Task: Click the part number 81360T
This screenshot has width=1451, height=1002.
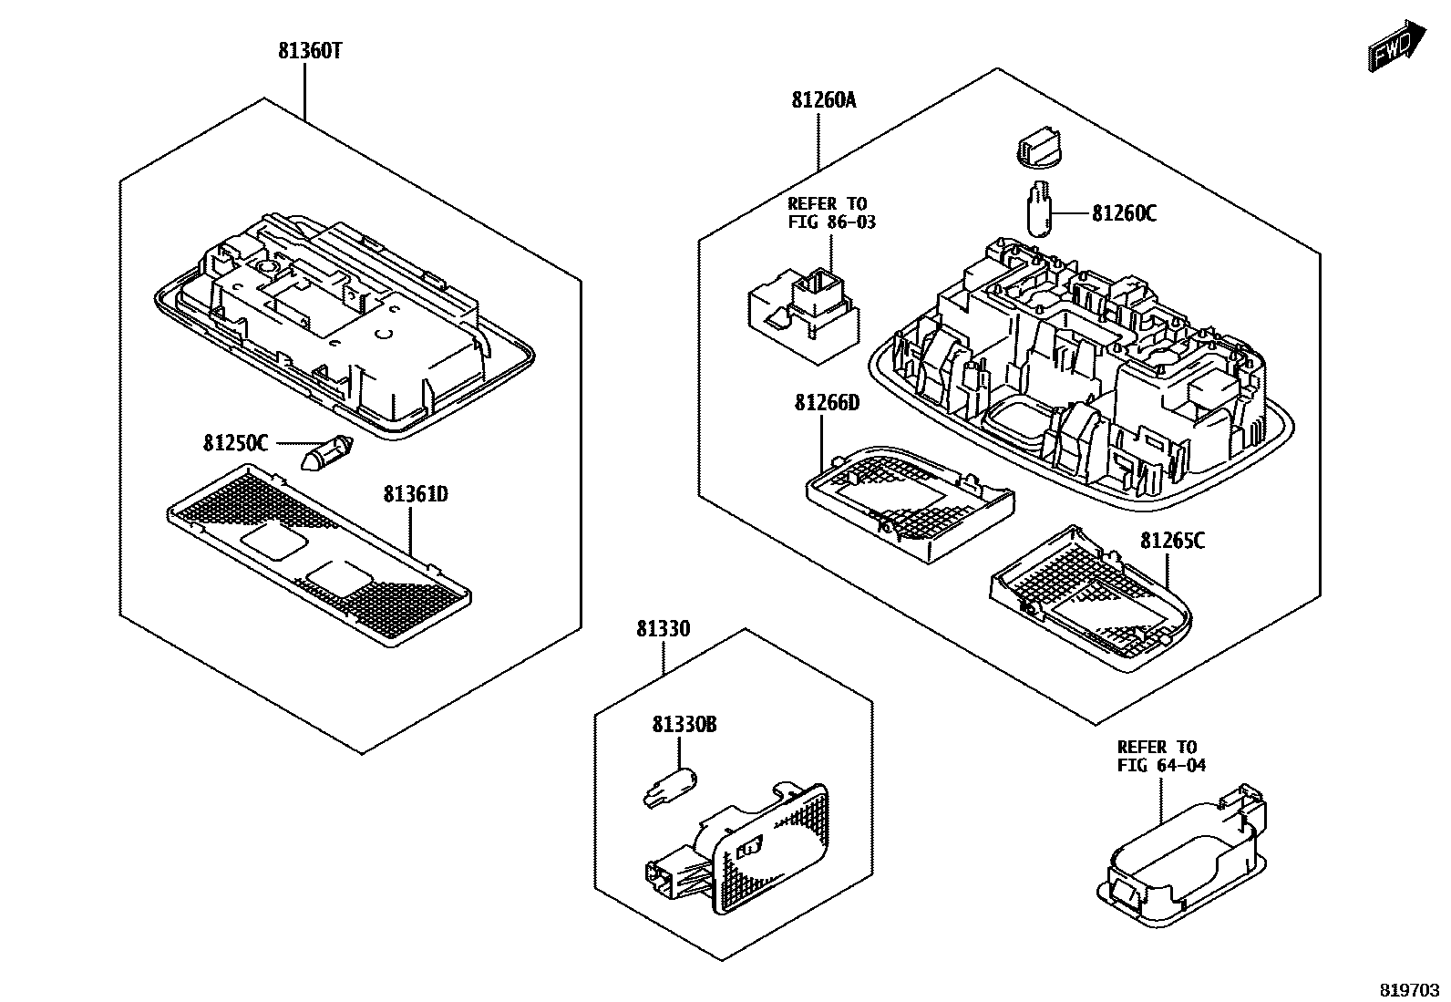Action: tap(310, 51)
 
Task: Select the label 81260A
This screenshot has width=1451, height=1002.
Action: tap(823, 100)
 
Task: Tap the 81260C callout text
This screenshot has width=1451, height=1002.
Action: tap(1124, 213)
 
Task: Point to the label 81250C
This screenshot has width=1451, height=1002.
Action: tap(235, 443)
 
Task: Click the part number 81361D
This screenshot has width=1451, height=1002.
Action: tap(416, 494)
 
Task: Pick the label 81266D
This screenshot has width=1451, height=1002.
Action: tap(828, 403)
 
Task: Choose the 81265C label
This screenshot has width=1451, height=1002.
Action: tap(1172, 541)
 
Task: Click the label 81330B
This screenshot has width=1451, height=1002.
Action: tap(684, 725)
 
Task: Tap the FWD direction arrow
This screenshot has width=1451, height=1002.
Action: tap(1397, 48)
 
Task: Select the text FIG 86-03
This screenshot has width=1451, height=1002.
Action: tap(832, 222)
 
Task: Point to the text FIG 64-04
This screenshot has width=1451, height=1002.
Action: tap(1161, 766)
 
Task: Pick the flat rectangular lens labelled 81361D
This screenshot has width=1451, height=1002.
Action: tap(319, 555)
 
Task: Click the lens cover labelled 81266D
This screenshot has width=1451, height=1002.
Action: tap(911, 503)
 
